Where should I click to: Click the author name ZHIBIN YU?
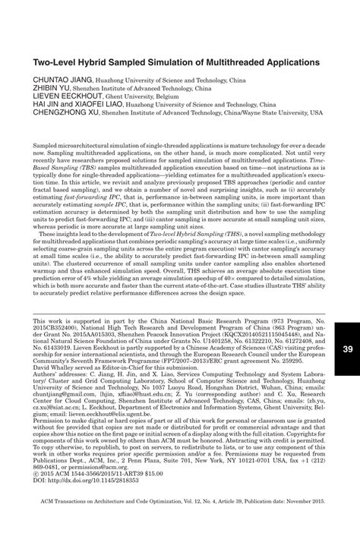point(52,87)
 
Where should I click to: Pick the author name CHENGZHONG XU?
point(66,117)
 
